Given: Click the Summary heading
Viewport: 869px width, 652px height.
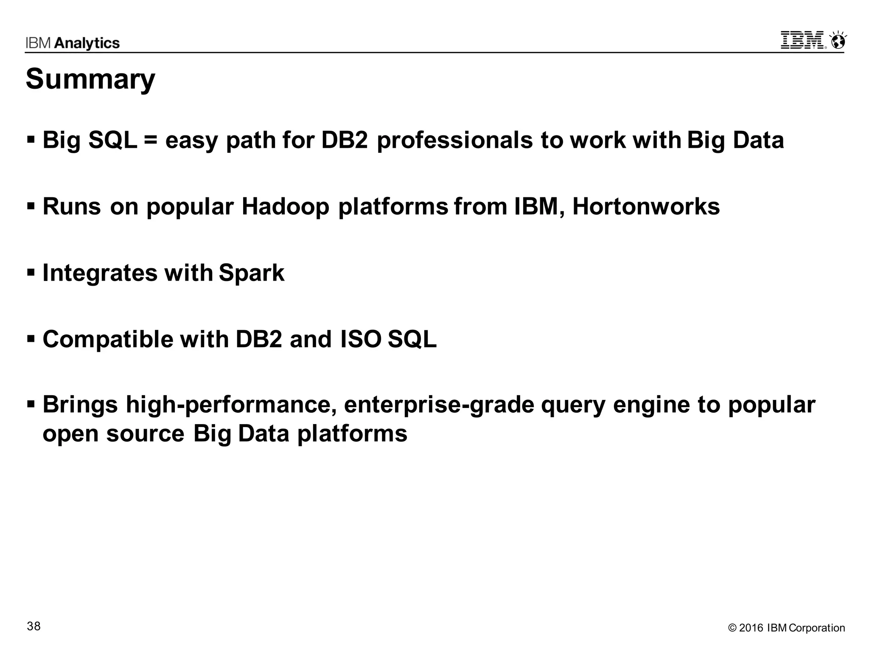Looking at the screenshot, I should pos(90,79).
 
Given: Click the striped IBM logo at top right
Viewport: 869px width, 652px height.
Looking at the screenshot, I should pos(802,40).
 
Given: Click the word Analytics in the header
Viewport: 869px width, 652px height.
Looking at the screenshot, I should pos(87,43).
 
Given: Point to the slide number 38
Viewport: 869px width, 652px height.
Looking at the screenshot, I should pos(34,626).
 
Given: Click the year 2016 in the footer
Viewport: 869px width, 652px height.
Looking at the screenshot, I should pos(751,628).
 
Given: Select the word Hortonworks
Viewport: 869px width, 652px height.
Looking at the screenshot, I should pos(646,207).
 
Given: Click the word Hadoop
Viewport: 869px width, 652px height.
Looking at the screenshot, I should pos(285,207).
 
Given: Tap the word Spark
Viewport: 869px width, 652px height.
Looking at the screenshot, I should pos(252,273).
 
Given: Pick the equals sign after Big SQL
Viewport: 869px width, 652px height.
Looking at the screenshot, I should pos(151,141).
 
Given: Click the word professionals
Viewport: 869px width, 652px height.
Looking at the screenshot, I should pos(454,141).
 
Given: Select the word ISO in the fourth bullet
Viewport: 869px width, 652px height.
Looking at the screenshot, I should pos(361,339).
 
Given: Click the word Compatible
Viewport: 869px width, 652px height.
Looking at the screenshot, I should pos(108,339).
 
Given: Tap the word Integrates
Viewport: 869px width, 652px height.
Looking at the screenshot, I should pos(100,273).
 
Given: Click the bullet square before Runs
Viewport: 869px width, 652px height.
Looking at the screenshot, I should pos(31,207).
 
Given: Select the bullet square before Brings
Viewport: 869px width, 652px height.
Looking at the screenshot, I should pos(31,404).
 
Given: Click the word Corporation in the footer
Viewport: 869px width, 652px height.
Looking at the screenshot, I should pos(817,628).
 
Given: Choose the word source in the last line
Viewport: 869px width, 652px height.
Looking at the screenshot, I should pos(145,434).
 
